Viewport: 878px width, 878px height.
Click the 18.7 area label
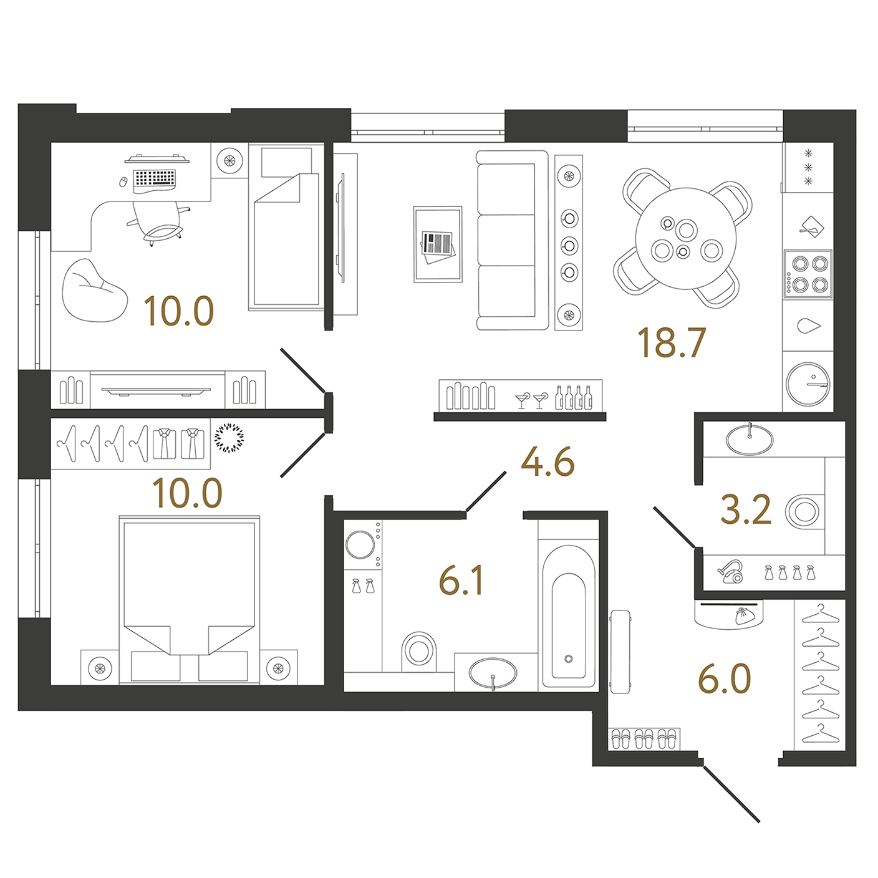click(x=672, y=342)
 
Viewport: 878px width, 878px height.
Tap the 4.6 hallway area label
click(x=548, y=462)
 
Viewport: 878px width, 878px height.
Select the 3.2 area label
click(x=745, y=509)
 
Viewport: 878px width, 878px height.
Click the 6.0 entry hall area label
click(x=724, y=679)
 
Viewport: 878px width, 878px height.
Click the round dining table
click(x=686, y=238)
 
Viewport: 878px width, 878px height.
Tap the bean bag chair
click(x=95, y=290)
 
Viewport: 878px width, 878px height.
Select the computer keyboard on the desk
click(x=155, y=178)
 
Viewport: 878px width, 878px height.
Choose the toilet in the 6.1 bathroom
click(x=418, y=652)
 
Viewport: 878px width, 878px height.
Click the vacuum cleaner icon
click(x=730, y=572)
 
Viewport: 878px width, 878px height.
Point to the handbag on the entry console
click(x=745, y=615)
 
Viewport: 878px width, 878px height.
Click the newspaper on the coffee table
click(x=437, y=246)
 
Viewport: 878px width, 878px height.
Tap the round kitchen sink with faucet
click(x=808, y=384)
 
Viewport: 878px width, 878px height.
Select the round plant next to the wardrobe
click(x=229, y=438)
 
